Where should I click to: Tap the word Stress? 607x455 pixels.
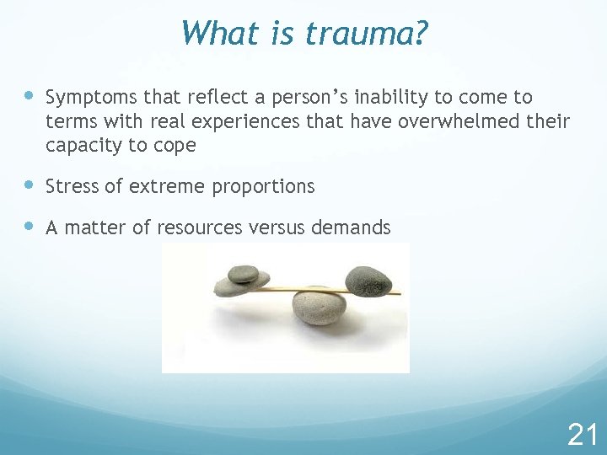point(72,186)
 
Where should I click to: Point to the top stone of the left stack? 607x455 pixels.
point(244,273)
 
